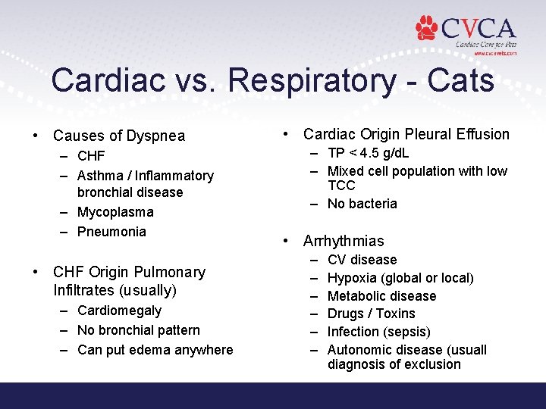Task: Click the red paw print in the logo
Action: pyautogui.click(x=428, y=28)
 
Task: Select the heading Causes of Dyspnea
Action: pyautogui.click(x=118, y=136)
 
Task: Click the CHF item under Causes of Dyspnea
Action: pyautogui.click(x=91, y=157)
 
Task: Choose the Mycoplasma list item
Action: pyautogui.click(x=115, y=212)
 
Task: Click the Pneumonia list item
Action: pyautogui.click(x=111, y=231)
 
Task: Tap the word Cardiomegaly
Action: pyautogui.click(x=119, y=311)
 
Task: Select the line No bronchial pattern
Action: pyautogui.click(x=139, y=330)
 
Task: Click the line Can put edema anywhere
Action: pyautogui.click(x=155, y=350)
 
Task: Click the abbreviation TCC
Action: pyautogui.click(x=341, y=186)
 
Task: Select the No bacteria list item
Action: pyautogui.click(x=362, y=204)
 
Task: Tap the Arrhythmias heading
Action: pyautogui.click(x=344, y=242)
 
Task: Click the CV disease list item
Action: pyautogui.click(x=362, y=260)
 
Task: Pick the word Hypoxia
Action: pyautogui.click(x=351, y=278)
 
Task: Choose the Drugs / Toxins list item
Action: pyautogui.click(x=371, y=314)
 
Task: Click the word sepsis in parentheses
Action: pyautogui.click(x=409, y=332)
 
